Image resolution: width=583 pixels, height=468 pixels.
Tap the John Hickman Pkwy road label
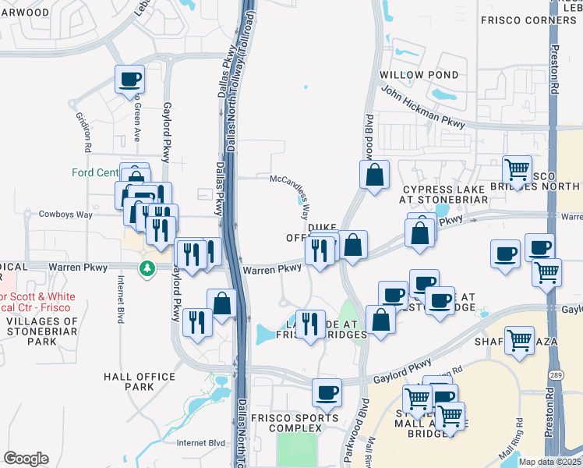[422, 110]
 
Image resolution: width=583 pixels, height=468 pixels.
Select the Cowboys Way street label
[66, 214]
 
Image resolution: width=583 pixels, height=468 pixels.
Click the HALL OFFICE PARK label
[140, 381]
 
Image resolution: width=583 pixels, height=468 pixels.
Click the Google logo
[26, 459]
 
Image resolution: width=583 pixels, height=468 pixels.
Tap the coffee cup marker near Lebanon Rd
[129, 79]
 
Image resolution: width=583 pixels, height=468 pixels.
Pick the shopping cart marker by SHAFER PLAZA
[520, 340]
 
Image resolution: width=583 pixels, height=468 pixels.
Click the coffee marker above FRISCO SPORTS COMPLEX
[327, 392]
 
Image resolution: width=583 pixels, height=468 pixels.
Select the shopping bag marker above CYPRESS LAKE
[375, 175]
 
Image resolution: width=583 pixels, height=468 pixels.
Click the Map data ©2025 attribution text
[549, 462]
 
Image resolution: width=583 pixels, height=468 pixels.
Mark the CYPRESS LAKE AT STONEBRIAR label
[444, 195]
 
